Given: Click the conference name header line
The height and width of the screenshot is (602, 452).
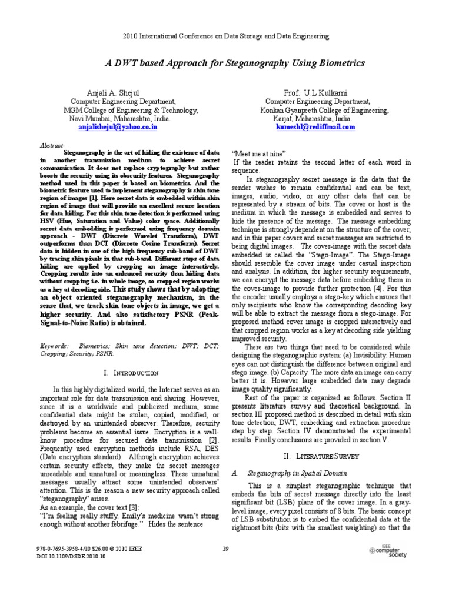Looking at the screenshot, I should tap(226, 36).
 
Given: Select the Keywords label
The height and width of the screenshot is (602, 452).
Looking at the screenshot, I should tap(54, 347).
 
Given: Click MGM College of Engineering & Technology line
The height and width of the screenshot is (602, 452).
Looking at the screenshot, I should tap(131, 110).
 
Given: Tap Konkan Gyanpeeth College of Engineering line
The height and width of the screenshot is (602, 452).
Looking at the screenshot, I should tap(324, 110).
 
